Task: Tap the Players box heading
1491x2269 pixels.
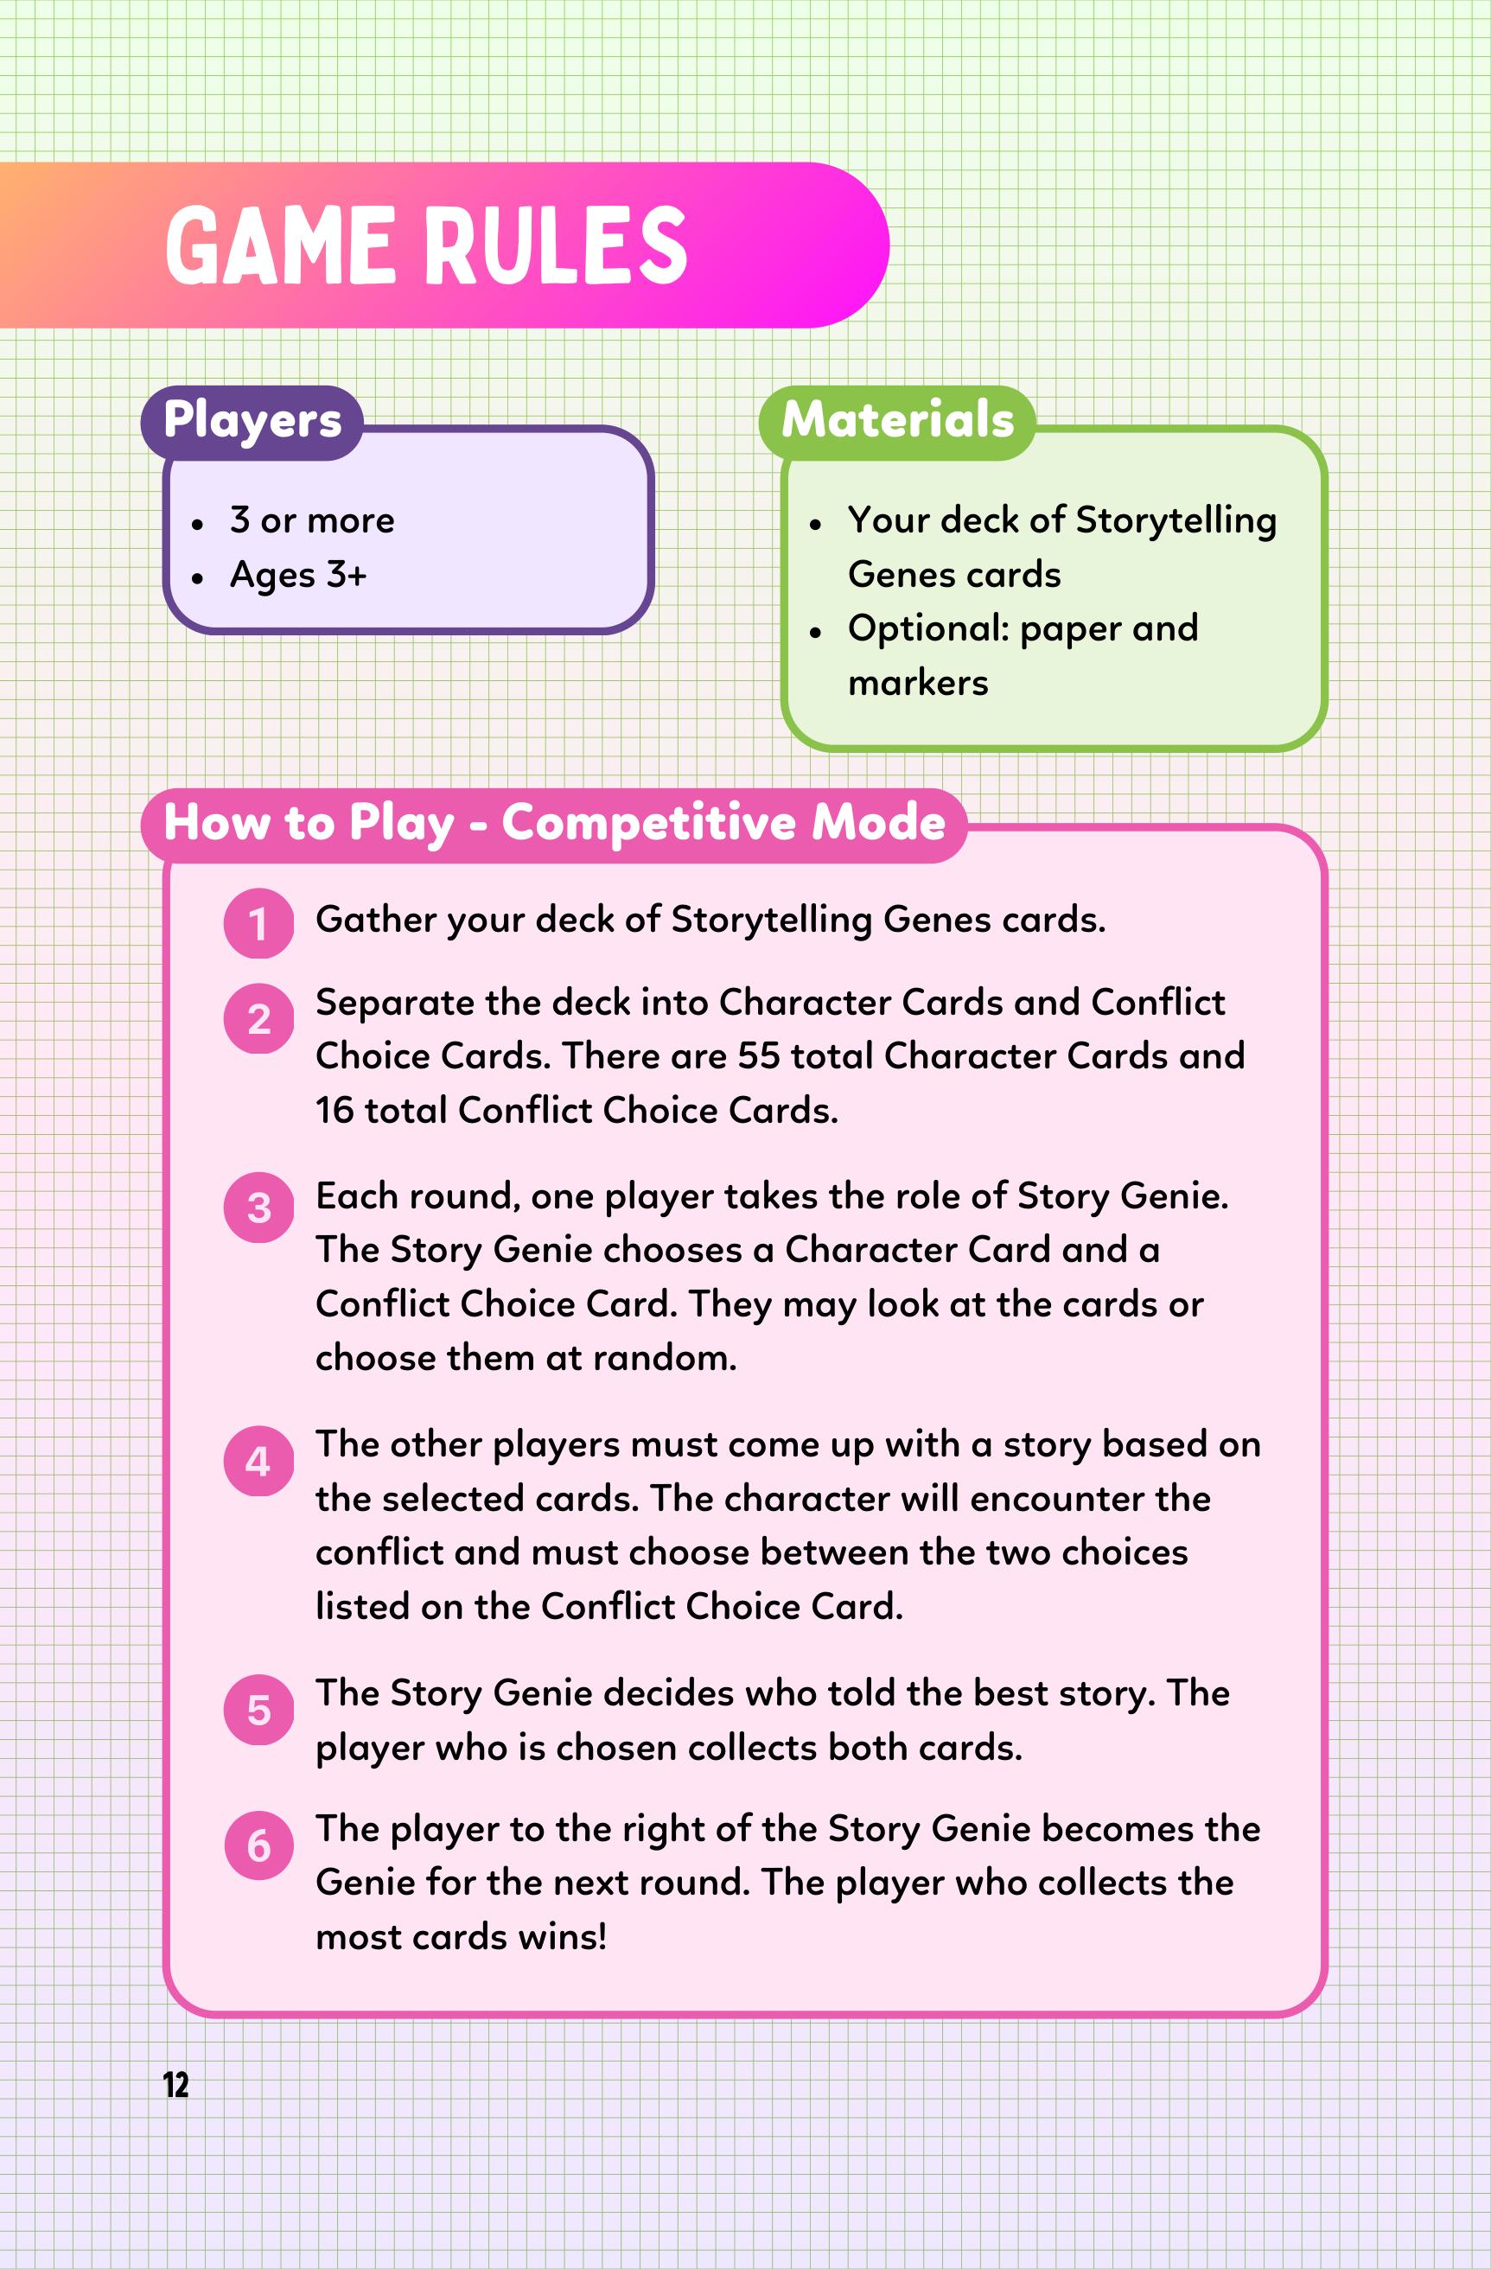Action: [252, 420]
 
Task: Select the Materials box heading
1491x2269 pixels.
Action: [897, 420]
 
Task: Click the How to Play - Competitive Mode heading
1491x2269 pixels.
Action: [554, 823]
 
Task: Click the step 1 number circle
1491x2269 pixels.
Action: [258, 923]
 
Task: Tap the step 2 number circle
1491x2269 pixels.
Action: [258, 1019]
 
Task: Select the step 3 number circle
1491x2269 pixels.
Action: [258, 1208]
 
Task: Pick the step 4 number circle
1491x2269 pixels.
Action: [258, 1462]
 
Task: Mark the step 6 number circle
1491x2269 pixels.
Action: [258, 1846]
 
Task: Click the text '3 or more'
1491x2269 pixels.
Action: [312, 520]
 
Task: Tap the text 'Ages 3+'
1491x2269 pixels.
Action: [298, 575]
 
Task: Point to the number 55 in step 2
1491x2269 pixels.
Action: [759, 1056]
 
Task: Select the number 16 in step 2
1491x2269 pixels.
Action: [335, 1111]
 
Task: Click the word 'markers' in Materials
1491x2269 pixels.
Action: [918, 684]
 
